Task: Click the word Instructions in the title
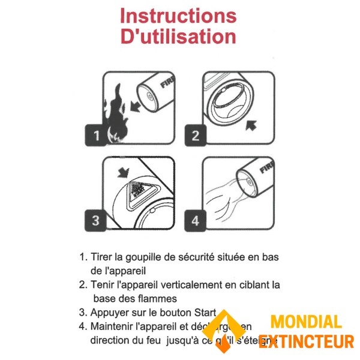(178, 16)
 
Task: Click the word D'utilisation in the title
(178, 37)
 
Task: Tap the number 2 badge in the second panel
(195, 136)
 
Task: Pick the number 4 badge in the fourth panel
(195, 220)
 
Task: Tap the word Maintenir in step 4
(113, 326)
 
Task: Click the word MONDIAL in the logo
(305, 323)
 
